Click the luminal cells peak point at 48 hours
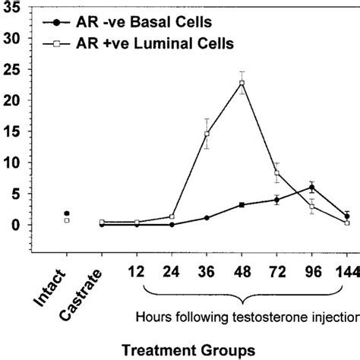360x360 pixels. (x=242, y=83)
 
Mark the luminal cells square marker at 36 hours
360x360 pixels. (x=207, y=134)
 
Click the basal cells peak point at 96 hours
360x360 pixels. (x=311, y=187)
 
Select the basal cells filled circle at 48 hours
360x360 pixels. (x=242, y=205)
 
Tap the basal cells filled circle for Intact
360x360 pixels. (x=67, y=213)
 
